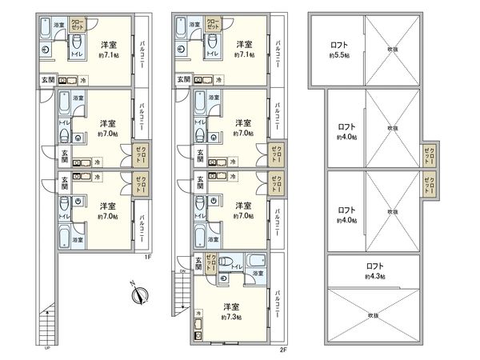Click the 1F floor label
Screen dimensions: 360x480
click(148, 258)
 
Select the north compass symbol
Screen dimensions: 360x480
click(137, 294)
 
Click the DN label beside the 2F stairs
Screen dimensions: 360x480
click(182, 271)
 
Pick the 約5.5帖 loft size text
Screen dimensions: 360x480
click(342, 57)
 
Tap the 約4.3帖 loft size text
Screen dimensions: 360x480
click(374, 276)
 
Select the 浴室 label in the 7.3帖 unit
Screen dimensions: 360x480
click(258, 274)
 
